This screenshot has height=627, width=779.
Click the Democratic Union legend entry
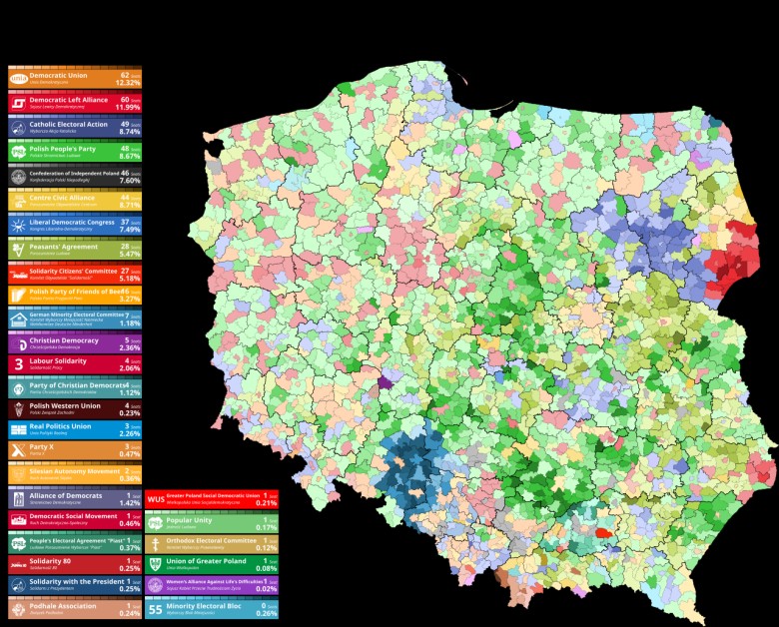click(75, 78)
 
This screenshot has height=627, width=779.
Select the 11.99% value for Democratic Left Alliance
click(128, 107)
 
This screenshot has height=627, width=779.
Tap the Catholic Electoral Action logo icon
click(18, 127)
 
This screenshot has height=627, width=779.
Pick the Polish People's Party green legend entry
click(75, 152)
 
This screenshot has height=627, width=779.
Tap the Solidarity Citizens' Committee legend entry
click(75, 273)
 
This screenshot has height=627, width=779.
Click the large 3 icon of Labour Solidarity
click(18, 364)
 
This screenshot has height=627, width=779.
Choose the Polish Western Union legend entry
click(75, 408)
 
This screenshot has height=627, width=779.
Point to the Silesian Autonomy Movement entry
click(75, 473)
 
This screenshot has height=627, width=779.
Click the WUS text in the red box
click(156, 499)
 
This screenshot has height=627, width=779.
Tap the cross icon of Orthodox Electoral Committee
click(155, 544)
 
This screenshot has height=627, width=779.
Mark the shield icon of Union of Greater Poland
click(155, 565)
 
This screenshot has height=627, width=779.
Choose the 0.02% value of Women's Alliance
click(267, 589)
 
